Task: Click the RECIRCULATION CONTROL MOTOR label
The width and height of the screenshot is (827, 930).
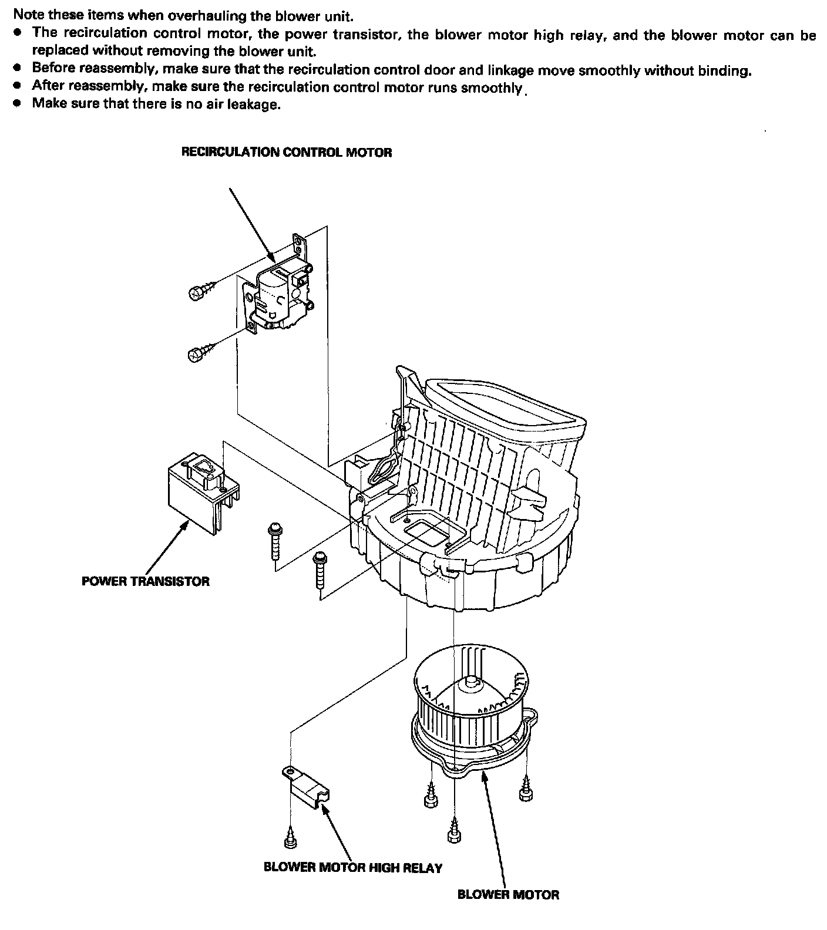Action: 286,153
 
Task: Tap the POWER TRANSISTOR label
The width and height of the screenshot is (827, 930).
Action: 145,581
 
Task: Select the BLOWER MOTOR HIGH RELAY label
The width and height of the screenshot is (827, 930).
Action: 352,867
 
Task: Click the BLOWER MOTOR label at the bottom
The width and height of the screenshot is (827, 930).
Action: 508,895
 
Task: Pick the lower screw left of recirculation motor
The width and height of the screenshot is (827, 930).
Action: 195,354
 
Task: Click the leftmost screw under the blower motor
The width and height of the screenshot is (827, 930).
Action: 429,798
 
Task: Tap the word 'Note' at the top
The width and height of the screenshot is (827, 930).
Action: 26,16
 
